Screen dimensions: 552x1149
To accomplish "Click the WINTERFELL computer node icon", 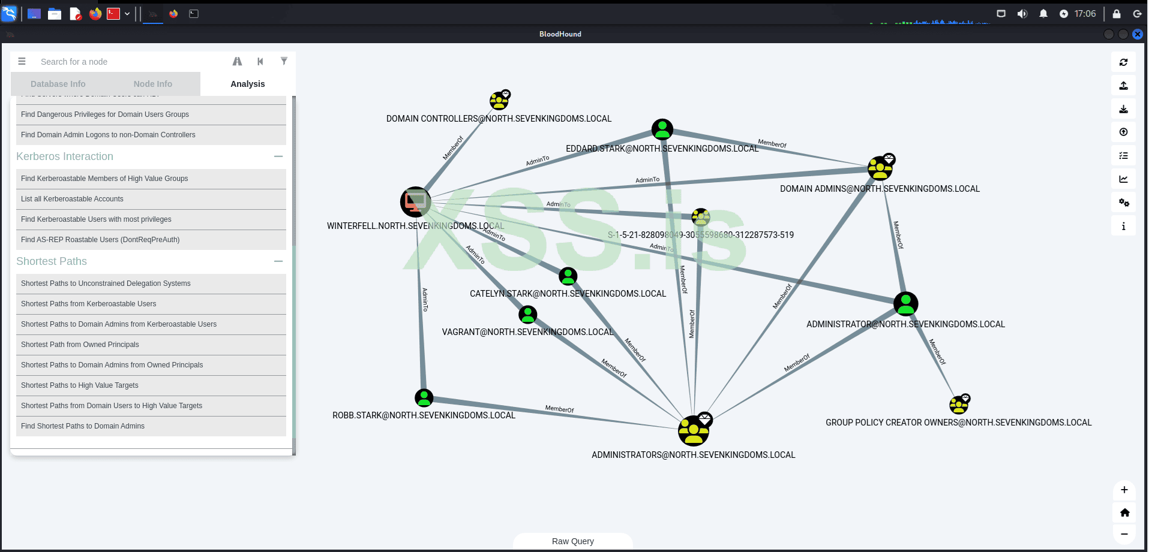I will tap(415, 202).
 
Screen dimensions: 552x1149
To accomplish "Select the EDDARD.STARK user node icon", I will tap(662, 129).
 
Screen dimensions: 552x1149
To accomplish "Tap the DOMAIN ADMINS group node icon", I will tap(880, 168).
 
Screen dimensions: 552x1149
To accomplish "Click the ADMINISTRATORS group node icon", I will tap(694, 430).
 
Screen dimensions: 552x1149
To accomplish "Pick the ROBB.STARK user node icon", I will tap(424, 397).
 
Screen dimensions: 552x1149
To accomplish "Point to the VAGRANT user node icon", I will tap(528, 314).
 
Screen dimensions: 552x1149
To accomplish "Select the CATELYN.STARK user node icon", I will tap(568, 276).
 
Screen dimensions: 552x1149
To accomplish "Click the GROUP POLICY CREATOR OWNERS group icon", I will tap(959, 405).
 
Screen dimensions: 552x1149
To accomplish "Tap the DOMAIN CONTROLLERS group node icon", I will tap(499, 101).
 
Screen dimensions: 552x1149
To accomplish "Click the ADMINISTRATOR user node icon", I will tap(906, 304).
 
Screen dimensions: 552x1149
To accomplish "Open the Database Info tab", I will tap(58, 84).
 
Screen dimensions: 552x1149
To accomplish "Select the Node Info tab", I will tap(153, 84).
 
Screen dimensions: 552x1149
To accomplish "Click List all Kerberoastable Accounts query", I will tap(72, 199).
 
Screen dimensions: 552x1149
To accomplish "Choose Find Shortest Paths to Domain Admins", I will tap(83, 426).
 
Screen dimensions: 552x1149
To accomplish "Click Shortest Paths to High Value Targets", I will tap(80, 385).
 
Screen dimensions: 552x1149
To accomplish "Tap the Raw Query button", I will tap(573, 541).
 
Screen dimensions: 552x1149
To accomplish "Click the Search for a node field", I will tap(132, 62).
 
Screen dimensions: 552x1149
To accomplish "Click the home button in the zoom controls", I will tap(1124, 512).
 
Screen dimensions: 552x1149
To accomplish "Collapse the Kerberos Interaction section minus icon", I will tap(278, 156).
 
